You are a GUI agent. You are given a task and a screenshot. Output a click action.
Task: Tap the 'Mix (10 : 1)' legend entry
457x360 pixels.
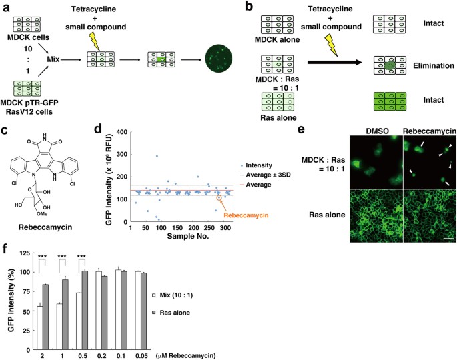[209, 293]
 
